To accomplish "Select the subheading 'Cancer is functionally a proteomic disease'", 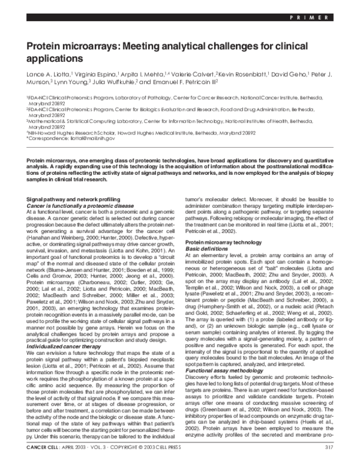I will tap(74, 189).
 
